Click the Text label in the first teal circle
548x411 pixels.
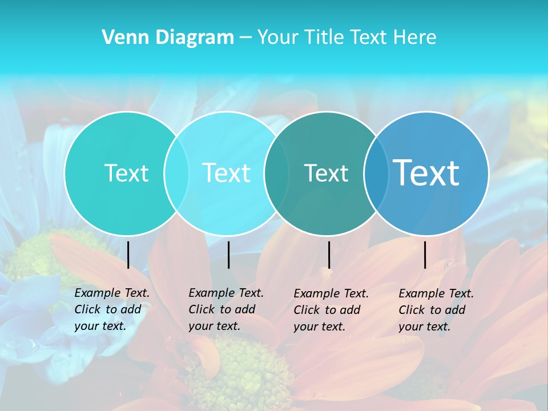coord(126,173)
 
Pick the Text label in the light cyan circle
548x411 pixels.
coord(226,173)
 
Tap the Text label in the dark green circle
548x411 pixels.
coord(326,174)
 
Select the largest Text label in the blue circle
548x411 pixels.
coord(426,173)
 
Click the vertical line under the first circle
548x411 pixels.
coord(128,255)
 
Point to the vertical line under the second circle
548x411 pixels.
coord(228,255)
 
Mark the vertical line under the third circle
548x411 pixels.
coord(329,255)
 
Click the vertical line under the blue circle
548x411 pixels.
coord(425,255)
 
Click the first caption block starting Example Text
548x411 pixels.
coord(112,309)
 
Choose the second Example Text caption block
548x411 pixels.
coord(226,309)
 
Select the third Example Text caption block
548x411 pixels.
coord(331,309)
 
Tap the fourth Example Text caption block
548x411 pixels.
coord(436,309)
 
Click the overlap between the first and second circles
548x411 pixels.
coord(176,173)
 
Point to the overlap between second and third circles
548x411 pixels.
coord(276,173)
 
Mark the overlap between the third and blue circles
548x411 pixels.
coord(376,173)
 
